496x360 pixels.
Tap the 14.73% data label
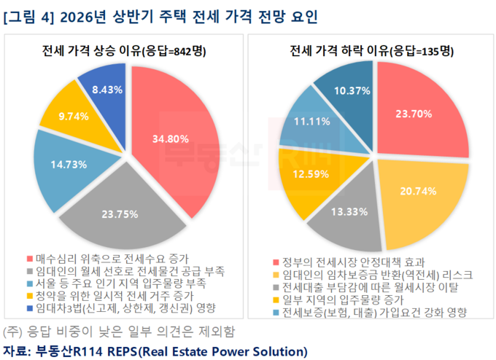(68, 165)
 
